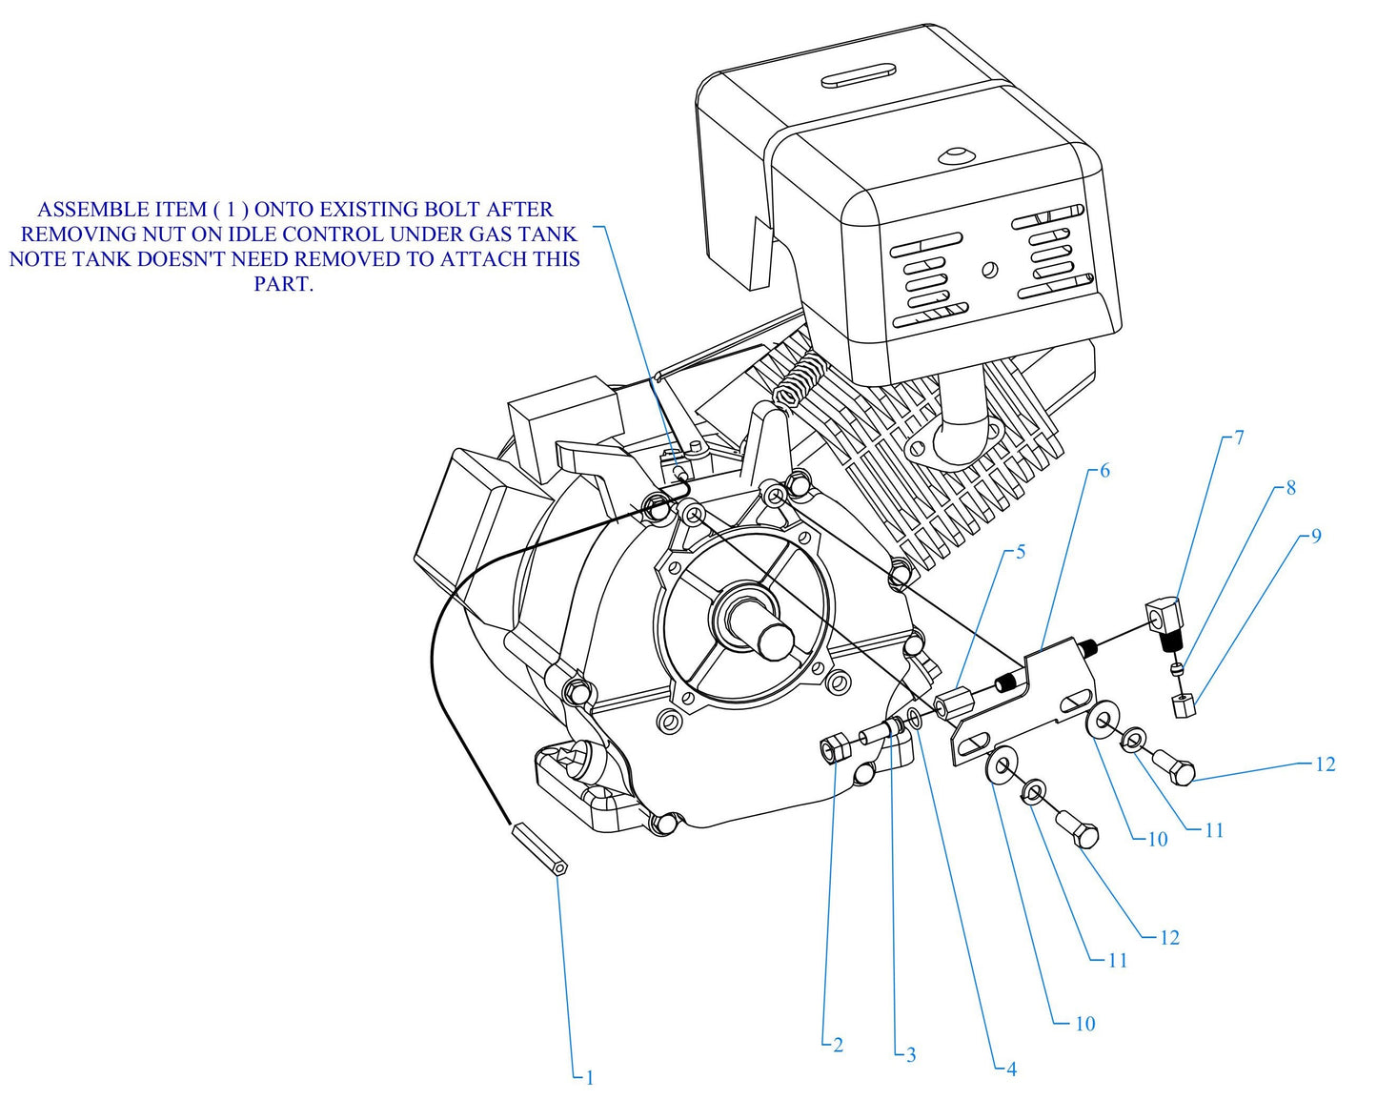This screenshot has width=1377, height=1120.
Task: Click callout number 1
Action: [590, 1078]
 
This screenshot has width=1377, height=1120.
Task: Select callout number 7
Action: [1239, 438]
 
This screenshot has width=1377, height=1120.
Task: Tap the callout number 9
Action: [1316, 536]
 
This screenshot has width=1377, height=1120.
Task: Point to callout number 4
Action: [1011, 1069]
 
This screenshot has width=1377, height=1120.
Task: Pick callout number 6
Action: [1104, 471]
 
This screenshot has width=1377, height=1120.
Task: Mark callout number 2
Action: [838, 1046]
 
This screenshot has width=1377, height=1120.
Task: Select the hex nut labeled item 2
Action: [834, 749]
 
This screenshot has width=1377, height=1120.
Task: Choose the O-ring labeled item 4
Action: [915, 718]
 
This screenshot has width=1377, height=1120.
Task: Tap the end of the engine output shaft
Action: [777, 640]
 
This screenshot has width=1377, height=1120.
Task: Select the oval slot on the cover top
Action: [859, 76]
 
